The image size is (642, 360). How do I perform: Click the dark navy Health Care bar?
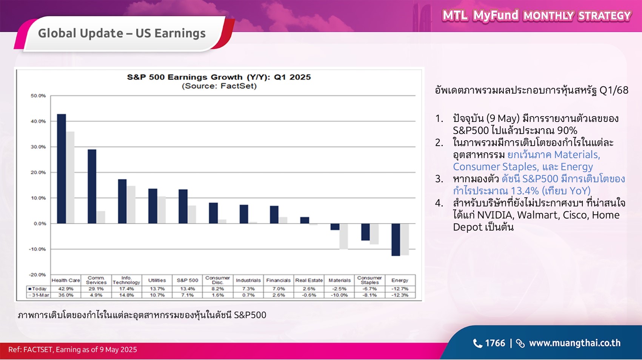click(x=61, y=169)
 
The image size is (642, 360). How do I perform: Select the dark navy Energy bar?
click(x=396, y=240)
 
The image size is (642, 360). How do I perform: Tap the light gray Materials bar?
click(x=343, y=236)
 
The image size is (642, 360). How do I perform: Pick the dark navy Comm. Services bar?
click(x=92, y=186)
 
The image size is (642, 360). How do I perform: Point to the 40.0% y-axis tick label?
click(x=38, y=122)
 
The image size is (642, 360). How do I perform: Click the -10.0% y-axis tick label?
click(x=37, y=249)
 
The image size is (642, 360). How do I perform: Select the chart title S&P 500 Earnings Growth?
click(x=219, y=77)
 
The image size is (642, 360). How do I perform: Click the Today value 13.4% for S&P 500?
click(x=188, y=289)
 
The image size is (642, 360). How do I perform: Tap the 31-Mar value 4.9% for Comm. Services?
click(x=96, y=295)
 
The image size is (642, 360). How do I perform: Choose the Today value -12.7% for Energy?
click(x=400, y=289)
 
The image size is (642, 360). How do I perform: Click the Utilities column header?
click(x=157, y=280)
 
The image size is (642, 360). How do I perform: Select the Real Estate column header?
click(x=309, y=280)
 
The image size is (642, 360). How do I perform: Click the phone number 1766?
click(x=494, y=343)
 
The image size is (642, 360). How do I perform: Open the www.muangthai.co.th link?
click(x=574, y=343)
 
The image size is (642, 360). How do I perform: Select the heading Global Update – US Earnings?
click(x=122, y=33)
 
